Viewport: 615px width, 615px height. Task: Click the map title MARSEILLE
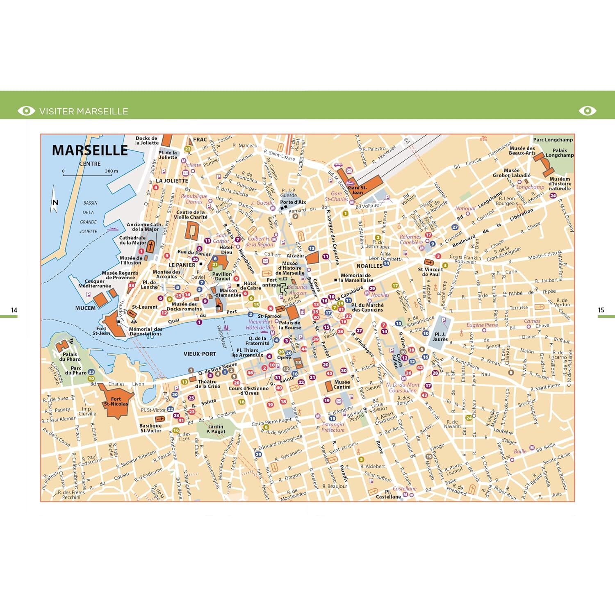tap(90, 150)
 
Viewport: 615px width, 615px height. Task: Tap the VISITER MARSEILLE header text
tap(84, 111)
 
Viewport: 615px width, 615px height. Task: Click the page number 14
tap(14, 310)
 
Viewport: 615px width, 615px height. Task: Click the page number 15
tap(601, 310)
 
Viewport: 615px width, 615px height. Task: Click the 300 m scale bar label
tap(111, 171)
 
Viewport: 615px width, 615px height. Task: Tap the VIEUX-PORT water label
tap(200, 354)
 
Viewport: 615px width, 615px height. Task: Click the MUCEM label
tap(85, 308)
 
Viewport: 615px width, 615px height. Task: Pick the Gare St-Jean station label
tap(357, 190)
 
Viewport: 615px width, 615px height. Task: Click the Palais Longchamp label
tap(560, 153)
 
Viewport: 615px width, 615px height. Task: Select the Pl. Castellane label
tap(388, 494)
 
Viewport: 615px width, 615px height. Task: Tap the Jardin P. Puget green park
tap(216, 429)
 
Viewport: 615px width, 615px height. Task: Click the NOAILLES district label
tap(369, 266)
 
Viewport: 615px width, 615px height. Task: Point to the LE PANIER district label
tap(182, 265)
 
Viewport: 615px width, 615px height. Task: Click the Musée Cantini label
tap(342, 384)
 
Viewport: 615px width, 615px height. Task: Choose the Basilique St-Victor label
tap(150, 428)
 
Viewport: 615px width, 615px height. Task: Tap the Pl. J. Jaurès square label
tap(440, 337)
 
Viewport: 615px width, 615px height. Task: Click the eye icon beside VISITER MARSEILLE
tap(27, 111)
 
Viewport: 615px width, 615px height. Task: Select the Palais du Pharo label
tap(70, 357)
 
